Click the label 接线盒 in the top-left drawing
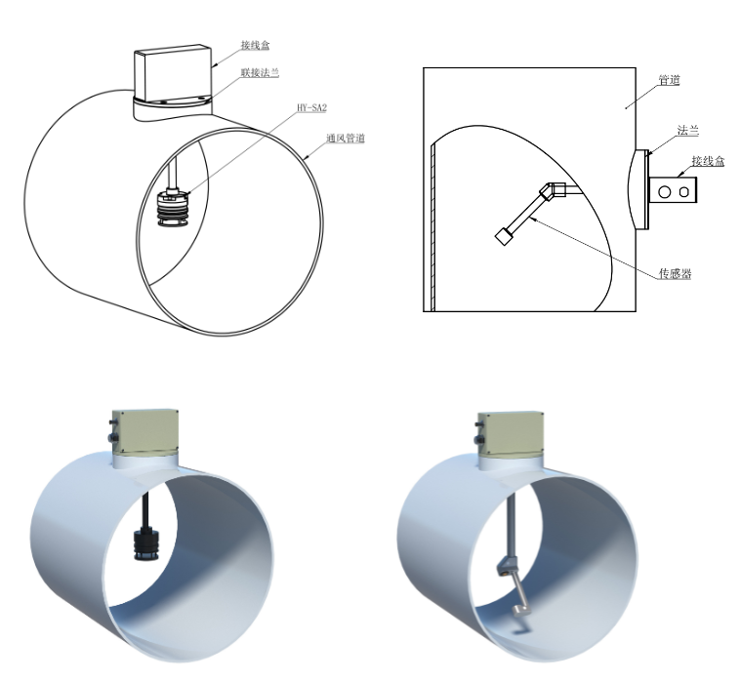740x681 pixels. pyautogui.click(x=258, y=45)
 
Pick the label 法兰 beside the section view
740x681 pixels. pyautogui.click(x=688, y=130)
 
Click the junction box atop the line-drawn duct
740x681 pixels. pyautogui.click(x=172, y=71)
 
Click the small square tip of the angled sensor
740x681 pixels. pyautogui.click(x=504, y=235)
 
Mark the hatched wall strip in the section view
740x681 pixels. pyautogui.click(x=431, y=224)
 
